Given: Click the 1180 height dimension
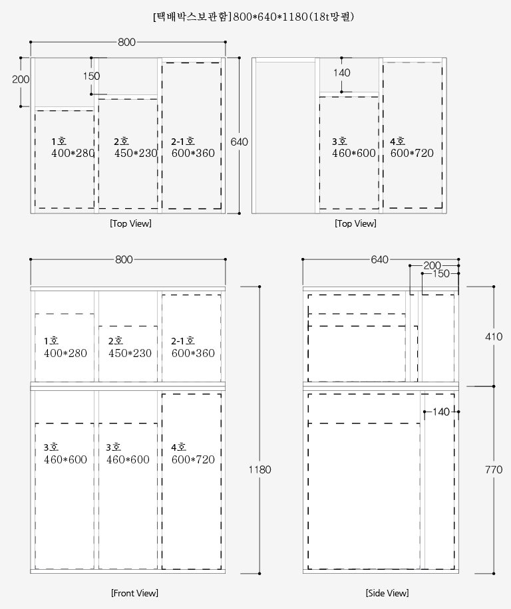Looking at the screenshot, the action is pos(259,469).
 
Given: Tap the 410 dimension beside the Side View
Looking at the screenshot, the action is pos(494,336).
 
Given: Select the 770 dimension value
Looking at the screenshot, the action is pos(494,469).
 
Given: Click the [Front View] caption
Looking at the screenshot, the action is pos(134,593).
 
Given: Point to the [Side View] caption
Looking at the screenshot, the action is pos(387,593).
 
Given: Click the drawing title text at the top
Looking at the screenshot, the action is pos(254,17).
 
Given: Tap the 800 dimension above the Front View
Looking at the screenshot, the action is pos(124,259).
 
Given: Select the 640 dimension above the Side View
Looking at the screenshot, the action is pos(380,259).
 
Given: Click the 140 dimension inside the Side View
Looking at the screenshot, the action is pos(441,412).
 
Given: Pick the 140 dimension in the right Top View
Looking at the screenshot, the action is pos(341,72).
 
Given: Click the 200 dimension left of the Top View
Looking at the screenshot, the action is pos(21,79).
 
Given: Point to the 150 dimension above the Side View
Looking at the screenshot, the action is pos(441,273).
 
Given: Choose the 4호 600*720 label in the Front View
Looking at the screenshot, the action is pos(193,453).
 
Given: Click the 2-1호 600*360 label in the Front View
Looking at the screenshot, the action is pos(193,347).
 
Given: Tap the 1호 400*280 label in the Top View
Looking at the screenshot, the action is pos(73,147).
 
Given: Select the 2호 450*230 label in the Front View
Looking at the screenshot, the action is pos(130,347).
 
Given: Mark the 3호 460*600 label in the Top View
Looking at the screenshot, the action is pos(354,147).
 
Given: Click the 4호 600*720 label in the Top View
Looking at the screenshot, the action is pos(412,147).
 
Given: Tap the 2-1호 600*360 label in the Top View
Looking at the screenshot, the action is pos(193,147).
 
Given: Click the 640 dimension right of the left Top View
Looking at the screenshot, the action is pos(239,142).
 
